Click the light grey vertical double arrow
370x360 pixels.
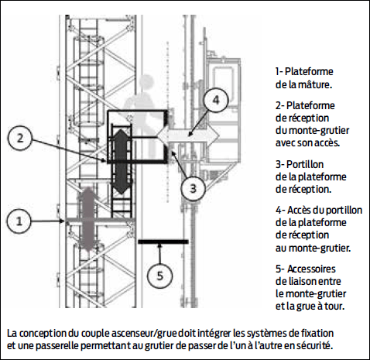click(87, 218)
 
